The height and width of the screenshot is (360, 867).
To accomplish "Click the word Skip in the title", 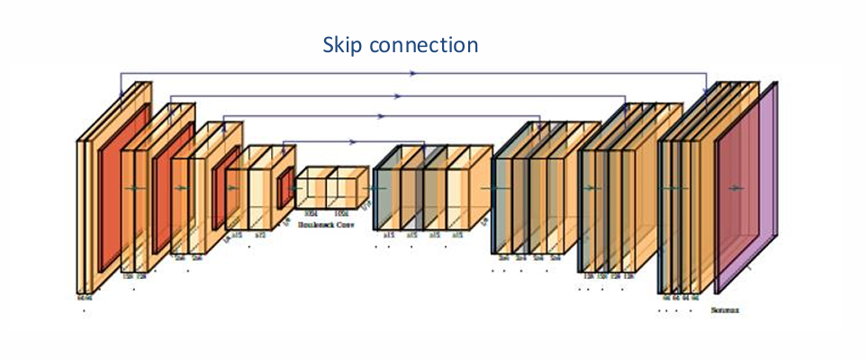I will click(342, 44).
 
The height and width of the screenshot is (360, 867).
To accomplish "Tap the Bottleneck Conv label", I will click(325, 224).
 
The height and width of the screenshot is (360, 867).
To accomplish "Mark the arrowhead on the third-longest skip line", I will click(383, 117).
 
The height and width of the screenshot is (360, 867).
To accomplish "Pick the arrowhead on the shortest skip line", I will click(354, 141).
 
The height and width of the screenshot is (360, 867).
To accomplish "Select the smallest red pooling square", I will click(285, 187).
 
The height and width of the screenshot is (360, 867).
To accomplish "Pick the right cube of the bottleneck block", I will click(346, 188).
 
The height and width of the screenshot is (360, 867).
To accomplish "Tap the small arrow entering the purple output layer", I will click(737, 187).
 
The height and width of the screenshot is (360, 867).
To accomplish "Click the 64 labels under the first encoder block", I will click(84, 294).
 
